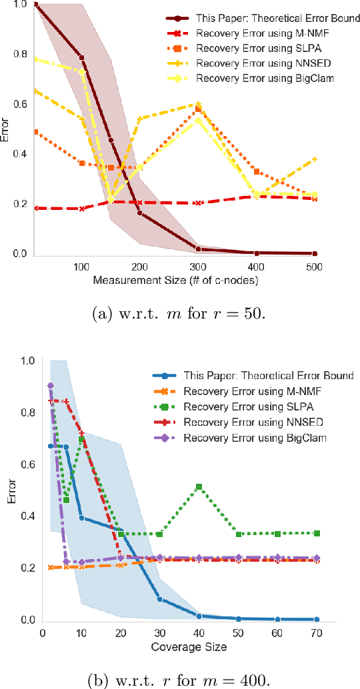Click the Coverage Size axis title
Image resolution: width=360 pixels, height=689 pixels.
point(179,646)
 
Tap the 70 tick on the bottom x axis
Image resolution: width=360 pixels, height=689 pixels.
point(316,632)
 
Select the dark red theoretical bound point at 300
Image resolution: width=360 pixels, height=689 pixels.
point(198,249)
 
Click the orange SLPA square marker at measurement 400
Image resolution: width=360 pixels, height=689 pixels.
point(257,172)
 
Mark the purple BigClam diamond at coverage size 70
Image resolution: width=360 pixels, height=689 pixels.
point(316,558)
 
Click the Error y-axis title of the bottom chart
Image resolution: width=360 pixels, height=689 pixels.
point(9,490)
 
